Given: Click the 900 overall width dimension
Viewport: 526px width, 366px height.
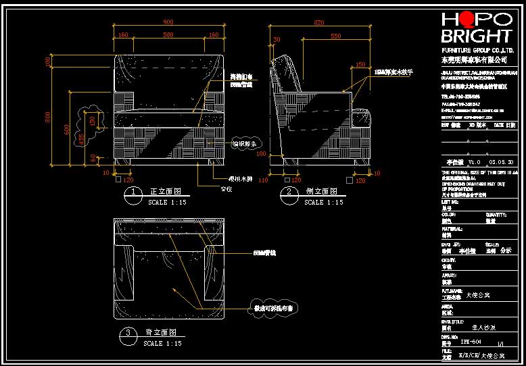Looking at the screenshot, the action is [168, 22].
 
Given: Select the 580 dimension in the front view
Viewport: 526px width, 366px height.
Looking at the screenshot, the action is [168, 34].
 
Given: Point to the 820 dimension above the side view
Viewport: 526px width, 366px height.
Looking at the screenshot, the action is [320, 22].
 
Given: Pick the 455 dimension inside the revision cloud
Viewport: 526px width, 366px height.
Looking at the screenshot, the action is [82, 139].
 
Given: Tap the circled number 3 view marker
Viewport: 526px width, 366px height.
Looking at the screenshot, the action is [128, 333].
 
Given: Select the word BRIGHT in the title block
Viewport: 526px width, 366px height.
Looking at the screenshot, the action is [477, 36].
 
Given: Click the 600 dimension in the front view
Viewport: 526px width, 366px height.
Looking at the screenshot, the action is [66, 128].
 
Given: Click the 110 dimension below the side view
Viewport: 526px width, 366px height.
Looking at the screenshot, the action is [264, 181].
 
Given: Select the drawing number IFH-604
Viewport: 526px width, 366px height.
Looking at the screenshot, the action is [479, 342].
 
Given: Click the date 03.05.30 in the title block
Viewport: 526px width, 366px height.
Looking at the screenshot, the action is [502, 162].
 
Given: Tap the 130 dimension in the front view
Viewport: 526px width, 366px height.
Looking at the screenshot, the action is [92, 120].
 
